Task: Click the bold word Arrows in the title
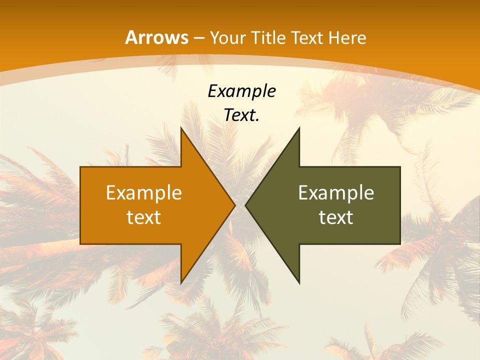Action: (x=156, y=37)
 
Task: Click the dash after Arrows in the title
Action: (x=199, y=38)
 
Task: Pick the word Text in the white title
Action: (x=307, y=37)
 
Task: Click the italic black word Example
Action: (x=241, y=91)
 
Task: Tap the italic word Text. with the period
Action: (x=241, y=115)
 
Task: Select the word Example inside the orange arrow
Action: (x=144, y=192)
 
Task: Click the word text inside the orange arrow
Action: (x=144, y=217)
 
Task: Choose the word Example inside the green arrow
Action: (x=336, y=192)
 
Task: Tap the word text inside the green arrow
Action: (x=336, y=217)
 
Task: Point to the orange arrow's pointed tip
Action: (x=235, y=205)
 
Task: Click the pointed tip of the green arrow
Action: (x=245, y=205)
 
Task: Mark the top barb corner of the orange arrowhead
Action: (x=181, y=127)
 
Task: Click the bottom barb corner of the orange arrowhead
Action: (x=181, y=283)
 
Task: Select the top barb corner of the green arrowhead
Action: (x=299, y=127)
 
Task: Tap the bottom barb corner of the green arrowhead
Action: (x=299, y=283)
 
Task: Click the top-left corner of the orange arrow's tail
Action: (x=80, y=166)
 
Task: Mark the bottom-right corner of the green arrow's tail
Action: (x=400, y=244)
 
